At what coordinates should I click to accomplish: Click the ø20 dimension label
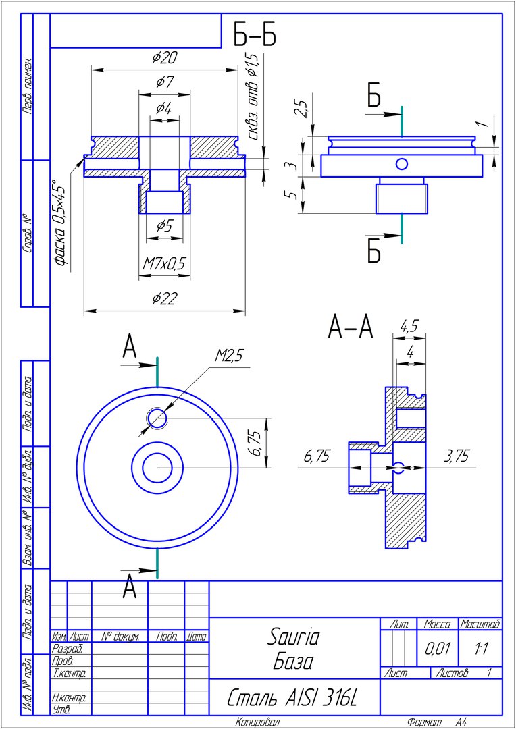pyautogui.click(x=164, y=57)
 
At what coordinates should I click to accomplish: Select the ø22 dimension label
pyautogui.click(x=164, y=298)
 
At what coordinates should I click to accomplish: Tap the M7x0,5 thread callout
pyautogui.click(x=163, y=264)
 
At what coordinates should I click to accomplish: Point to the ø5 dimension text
pyautogui.click(x=163, y=226)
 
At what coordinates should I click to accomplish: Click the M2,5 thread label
pyautogui.click(x=230, y=356)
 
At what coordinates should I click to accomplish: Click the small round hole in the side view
pyautogui.click(x=402, y=163)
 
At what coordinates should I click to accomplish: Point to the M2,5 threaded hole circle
pyautogui.click(x=157, y=418)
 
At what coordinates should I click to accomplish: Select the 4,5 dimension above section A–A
pyautogui.click(x=409, y=327)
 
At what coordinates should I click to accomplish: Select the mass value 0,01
pyautogui.click(x=438, y=649)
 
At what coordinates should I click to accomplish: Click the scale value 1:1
pyautogui.click(x=481, y=649)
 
